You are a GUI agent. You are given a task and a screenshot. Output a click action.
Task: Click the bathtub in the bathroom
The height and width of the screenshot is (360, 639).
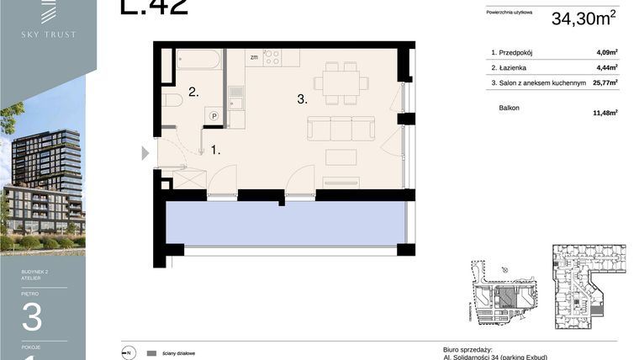[198, 60]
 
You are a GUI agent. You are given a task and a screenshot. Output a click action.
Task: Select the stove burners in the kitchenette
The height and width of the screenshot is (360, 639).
[272, 57]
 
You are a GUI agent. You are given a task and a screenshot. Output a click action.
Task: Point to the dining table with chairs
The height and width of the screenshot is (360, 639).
[341, 82]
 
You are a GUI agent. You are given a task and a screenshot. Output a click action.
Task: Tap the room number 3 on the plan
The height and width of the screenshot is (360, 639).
[300, 99]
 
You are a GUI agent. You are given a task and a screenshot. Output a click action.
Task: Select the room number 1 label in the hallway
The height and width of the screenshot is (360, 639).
[215, 151]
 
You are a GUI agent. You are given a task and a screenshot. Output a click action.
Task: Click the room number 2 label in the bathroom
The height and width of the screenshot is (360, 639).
[193, 93]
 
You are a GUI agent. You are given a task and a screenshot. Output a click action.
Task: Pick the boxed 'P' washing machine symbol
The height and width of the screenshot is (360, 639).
[214, 116]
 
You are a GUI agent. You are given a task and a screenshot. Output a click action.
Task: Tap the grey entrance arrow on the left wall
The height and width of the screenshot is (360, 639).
[145, 153]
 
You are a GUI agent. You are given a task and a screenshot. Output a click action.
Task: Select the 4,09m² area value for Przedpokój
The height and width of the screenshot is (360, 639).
[606, 52]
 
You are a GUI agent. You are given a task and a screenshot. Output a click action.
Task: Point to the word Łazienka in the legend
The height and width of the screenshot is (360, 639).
[514, 67]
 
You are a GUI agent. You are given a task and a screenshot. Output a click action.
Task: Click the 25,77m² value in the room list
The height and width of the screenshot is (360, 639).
[605, 82]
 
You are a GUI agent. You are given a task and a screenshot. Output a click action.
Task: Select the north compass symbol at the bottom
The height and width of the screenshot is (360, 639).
[128, 353]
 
